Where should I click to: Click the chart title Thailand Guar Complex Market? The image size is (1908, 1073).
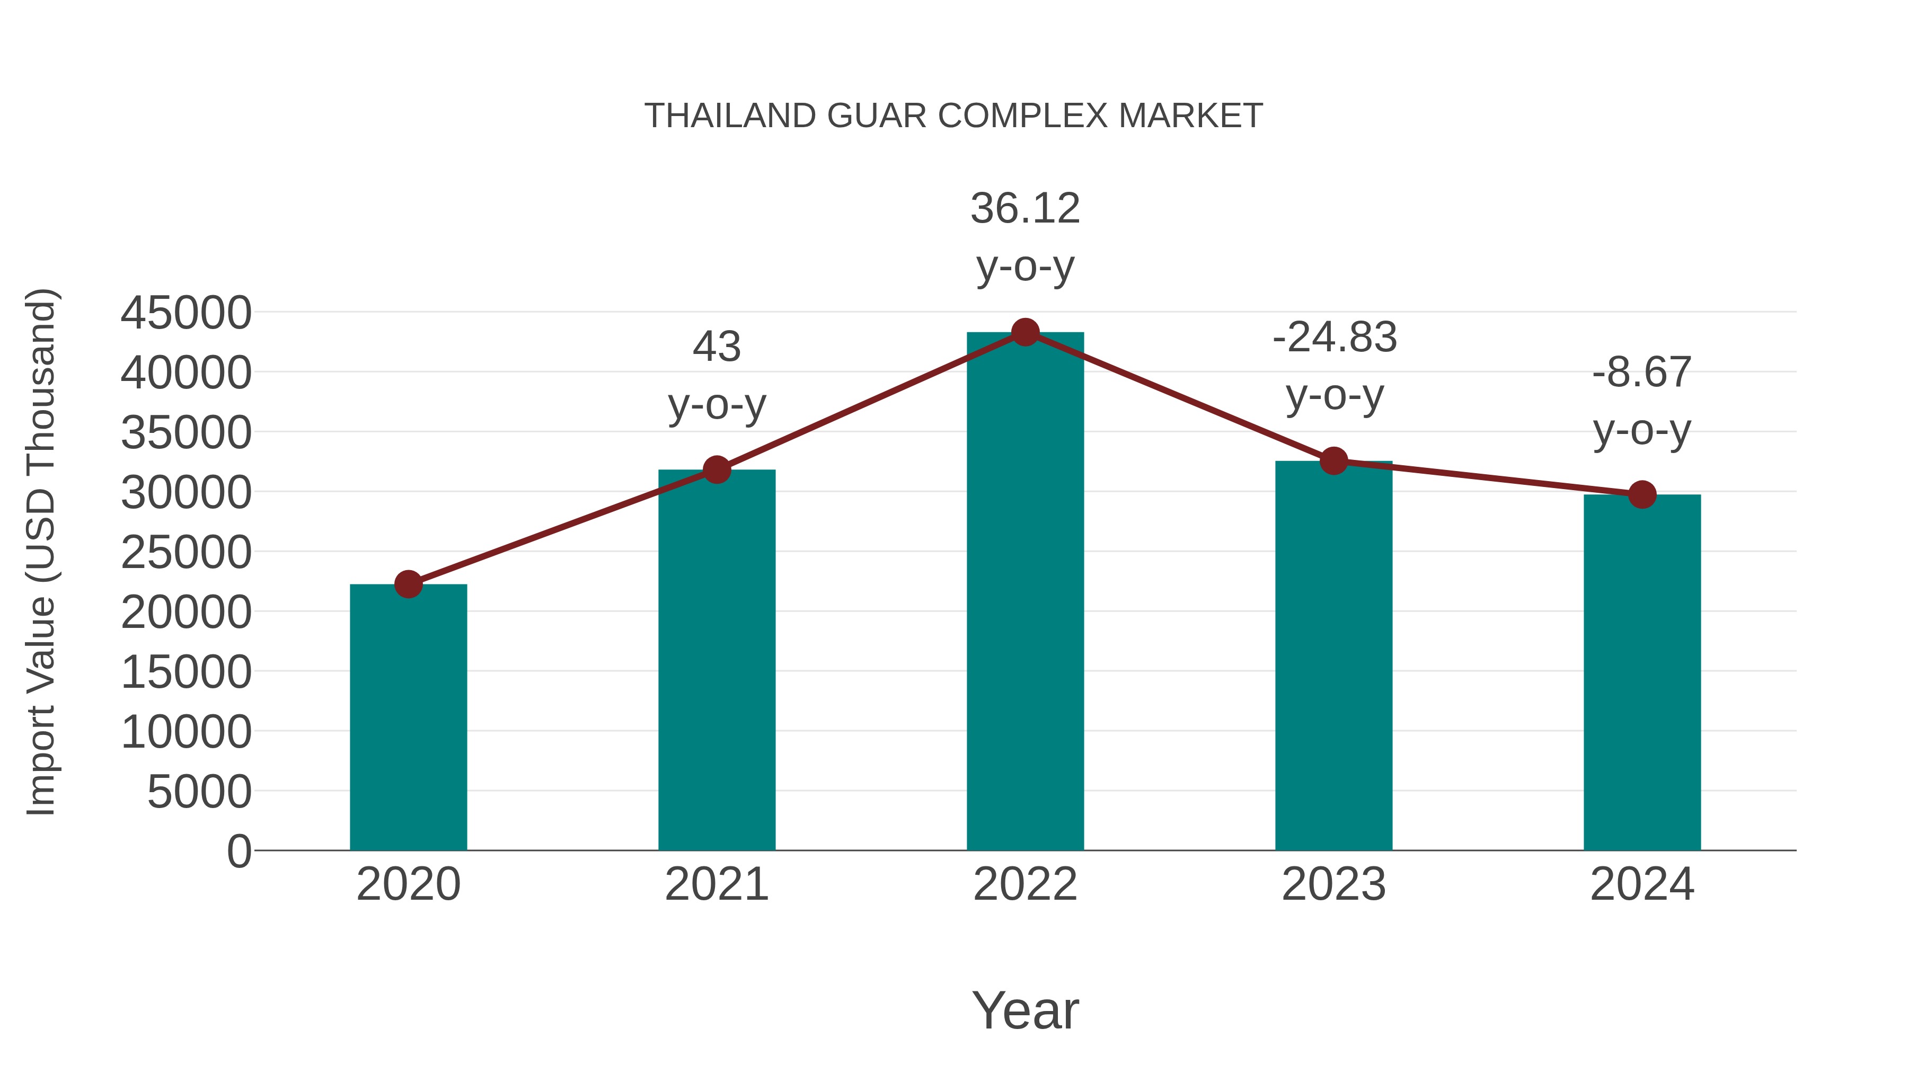click(953, 116)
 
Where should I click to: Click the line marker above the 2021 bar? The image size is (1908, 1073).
click(716, 469)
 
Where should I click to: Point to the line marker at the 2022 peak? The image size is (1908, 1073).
click(1025, 332)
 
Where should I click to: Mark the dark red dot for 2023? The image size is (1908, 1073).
click(1333, 460)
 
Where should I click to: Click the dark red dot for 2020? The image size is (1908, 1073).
click(408, 584)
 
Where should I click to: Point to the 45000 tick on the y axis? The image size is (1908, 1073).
click(186, 313)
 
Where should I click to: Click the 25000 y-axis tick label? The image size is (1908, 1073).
click(186, 553)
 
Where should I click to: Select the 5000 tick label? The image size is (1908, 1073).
click(199, 792)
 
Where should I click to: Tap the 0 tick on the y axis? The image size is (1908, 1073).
click(238, 851)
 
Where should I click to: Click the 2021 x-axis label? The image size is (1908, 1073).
click(716, 884)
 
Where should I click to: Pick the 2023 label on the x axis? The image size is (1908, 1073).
click(1333, 884)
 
